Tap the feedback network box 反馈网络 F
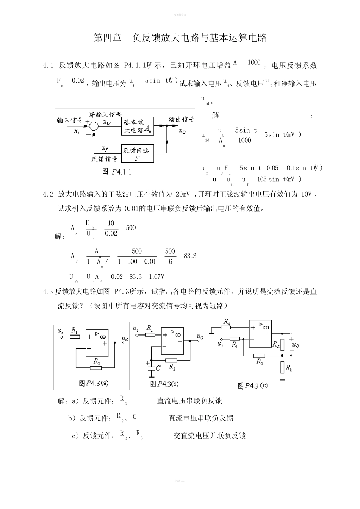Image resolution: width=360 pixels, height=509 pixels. [x=137, y=153]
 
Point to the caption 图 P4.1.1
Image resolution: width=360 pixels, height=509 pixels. [x=117, y=172]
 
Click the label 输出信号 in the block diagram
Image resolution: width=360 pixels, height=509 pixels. [x=182, y=119]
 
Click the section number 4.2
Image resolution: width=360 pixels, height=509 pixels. [x=49, y=194]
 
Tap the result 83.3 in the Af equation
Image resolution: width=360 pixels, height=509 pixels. [x=190, y=256]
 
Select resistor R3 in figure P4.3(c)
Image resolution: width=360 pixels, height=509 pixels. [x=282, y=367]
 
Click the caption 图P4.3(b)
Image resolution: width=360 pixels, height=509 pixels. [x=164, y=384]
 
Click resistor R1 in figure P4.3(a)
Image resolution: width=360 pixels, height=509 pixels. [x=75, y=336]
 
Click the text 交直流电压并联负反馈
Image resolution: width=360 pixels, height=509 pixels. [x=210, y=436]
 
